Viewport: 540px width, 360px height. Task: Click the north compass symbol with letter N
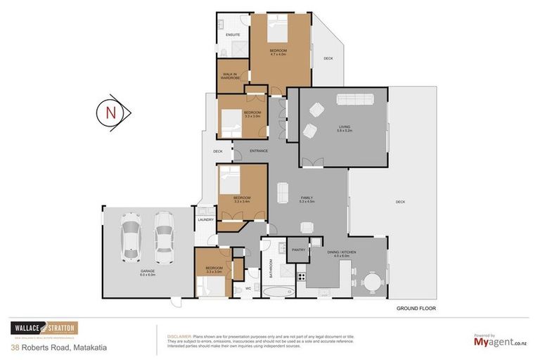point(110,112)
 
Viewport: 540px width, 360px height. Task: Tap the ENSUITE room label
point(233,34)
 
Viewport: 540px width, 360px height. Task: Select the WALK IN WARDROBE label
point(231,76)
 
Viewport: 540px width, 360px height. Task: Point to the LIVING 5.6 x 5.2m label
point(344,129)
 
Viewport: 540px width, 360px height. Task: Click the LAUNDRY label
point(205,220)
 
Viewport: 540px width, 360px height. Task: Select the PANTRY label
point(297,249)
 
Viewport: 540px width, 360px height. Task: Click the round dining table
point(373,282)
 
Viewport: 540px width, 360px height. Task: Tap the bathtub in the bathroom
point(280,290)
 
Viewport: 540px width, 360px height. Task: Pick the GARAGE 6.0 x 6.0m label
point(146,272)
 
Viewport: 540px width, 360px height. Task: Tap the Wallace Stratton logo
point(44,328)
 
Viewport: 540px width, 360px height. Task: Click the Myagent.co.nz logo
point(499,342)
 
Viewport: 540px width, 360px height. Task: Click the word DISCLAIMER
point(178,336)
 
